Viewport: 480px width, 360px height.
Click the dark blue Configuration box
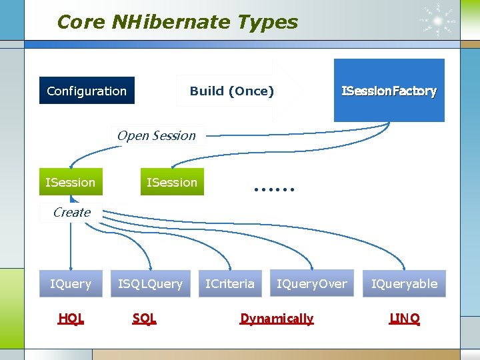pyautogui.click(x=87, y=91)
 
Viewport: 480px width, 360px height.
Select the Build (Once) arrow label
pyautogui.click(x=231, y=91)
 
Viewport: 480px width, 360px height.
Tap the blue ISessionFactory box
pyautogui.click(x=389, y=91)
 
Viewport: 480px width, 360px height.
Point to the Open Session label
pyautogui.click(x=156, y=135)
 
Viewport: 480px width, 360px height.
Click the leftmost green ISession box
pyautogui.click(x=70, y=182)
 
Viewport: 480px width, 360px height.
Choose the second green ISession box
pyautogui.click(x=172, y=182)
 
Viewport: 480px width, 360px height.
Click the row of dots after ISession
pyautogui.click(x=274, y=189)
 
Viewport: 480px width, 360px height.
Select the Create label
pyautogui.click(x=71, y=212)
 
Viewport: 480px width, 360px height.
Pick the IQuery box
pyautogui.click(x=71, y=283)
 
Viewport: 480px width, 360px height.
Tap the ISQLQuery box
pyautogui.click(x=150, y=283)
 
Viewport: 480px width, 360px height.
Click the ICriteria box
pyautogui.click(x=229, y=283)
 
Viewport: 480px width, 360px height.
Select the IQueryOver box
pyautogui.click(x=312, y=283)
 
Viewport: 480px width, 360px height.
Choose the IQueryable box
pyautogui.click(x=404, y=283)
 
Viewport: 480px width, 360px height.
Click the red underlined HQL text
pyautogui.click(x=71, y=319)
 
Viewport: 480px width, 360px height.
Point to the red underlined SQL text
pyautogui.click(x=144, y=319)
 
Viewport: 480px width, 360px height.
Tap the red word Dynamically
pyautogui.click(x=277, y=319)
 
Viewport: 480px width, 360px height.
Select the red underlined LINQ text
pyautogui.click(x=405, y=319)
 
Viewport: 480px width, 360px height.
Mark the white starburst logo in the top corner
pyautogui.click(x=438, y=21)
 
